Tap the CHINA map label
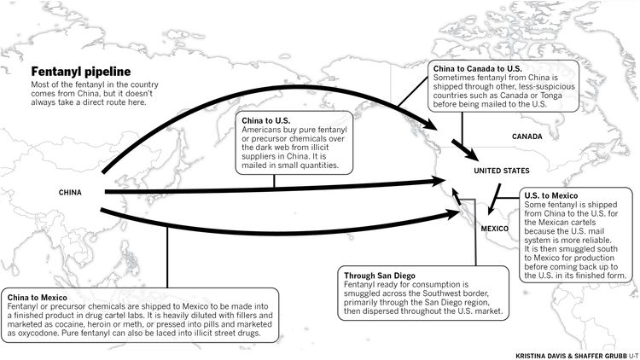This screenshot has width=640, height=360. click(70, 193)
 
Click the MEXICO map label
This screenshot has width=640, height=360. click(494, 229)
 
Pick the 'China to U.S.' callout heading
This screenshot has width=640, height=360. click(267, 120)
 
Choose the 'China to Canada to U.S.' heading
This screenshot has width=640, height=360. click(477, 67)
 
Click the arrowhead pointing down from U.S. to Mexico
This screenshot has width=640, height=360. click(486, 210)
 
